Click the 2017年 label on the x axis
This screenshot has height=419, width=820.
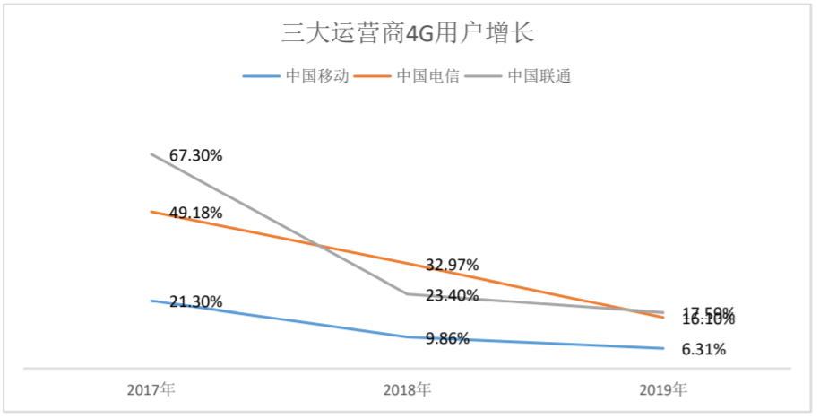(151, 390)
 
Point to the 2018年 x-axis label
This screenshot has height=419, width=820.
(407, 390)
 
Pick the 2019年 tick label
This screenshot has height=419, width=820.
(663, 390)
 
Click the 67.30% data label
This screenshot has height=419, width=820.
(195, 155)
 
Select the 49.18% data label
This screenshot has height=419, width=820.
(195, 213)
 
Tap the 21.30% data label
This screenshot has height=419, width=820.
(195, 301)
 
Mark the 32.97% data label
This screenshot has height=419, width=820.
(452, 265)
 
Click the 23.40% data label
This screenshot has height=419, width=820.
(452, 295)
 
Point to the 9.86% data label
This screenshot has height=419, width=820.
(447, 339)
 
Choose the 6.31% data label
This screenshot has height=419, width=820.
(703, 350)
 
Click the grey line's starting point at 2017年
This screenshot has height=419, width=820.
(151, 153)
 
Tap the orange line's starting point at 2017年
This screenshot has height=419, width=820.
(151, 211)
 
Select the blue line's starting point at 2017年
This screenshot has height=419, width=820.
(151, 301)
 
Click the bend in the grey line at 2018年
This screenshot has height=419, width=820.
(407, 293)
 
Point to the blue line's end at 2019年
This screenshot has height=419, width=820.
(663, 348)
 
